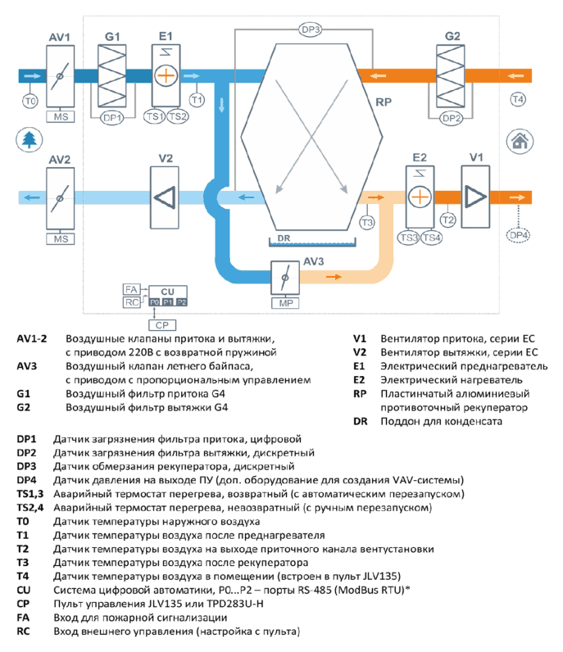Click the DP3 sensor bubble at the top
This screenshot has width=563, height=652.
(311, 29)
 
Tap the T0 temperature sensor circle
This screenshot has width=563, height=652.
(30, 101)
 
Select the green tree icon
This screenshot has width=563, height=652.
(30, 140)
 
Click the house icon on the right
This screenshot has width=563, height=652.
(520, 141)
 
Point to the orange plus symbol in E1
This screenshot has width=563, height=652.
(166, 75)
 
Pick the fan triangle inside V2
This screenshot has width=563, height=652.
(165, 197)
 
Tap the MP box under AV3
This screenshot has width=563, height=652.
(285, 303)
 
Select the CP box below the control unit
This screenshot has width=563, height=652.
(162, 325)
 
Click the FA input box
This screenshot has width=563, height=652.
(131, 289)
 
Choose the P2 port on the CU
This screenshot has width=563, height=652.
(181, 302)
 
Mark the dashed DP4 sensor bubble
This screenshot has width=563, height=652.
(519, 235)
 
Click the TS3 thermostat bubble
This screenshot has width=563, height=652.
(408, 238)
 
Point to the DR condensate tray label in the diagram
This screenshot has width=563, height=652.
(284, 238)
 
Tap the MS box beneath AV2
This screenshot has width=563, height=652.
(61, 239)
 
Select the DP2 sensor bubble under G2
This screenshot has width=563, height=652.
(451, 119)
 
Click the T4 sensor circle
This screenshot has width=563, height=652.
(518, 99)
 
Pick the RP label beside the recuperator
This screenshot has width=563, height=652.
(384, 102)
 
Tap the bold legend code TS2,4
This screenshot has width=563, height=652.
(30, 508)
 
